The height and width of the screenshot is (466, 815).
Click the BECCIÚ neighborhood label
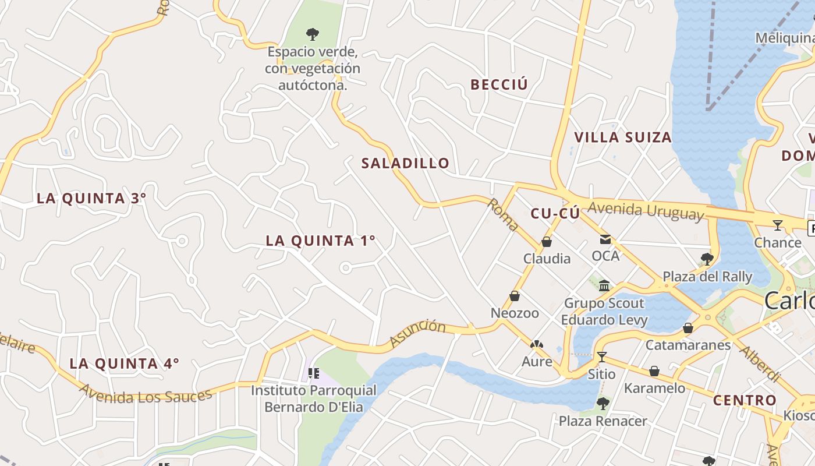tap(499, 85)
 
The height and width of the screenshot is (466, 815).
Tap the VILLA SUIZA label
tap(623, 137)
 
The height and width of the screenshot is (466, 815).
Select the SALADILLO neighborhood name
tap(405, 164)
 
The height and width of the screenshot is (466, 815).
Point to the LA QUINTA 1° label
tap(320, 241)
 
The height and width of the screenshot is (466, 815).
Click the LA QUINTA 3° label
tap(91, 198)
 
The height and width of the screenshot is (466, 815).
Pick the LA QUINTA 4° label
tap(124, 363)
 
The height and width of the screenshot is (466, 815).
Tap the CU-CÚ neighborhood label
tap(555, 214)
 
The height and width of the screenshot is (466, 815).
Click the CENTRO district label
tap(745, 400)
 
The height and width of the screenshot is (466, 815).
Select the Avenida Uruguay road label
tap(646, 210)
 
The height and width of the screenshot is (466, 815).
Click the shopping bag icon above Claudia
tap(547, 242)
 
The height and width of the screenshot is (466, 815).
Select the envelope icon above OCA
tap(605, 239)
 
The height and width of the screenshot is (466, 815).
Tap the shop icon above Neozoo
tap(515, 296)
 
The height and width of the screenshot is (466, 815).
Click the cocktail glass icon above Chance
tap(778, 225)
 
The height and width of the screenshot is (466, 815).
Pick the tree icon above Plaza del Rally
tap(707, 259)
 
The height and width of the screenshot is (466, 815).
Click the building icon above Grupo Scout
tap(604, 285)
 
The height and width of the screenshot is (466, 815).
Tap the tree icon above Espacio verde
tap(313, 34)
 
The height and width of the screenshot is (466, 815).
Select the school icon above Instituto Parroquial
tap(314, 373)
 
